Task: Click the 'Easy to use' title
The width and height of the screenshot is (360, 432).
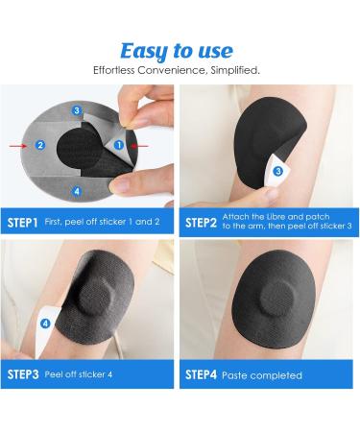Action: tap(177, 51)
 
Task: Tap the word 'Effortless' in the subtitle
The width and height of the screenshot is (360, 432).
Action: tap(113, 70)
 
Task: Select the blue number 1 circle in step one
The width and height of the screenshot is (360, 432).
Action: tap(119, 145)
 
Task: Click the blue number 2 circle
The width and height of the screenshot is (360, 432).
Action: tap(40, 145)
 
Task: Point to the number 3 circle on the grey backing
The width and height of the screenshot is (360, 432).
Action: tap(77, 110)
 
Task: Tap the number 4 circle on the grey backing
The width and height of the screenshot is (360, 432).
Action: tap(77, 191)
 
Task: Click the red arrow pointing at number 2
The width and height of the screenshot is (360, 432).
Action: tap(18, 146)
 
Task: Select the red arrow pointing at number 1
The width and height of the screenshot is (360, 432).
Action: tap(140, 146)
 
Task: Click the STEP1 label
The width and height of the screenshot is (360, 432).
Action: tap(22, 223)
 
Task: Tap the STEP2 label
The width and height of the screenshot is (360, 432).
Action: tap(201, 223)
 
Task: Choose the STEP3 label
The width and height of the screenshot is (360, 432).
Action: tap(23, 374)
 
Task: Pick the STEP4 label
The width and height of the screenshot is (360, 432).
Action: tap(201, 374)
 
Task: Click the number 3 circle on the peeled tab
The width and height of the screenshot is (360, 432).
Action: tap(278, 171)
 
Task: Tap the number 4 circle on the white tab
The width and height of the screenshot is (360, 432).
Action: tap(45, 324)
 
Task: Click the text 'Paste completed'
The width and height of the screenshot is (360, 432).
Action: tap(262, 375)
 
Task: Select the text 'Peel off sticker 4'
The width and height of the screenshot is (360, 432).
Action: tap(79, 374)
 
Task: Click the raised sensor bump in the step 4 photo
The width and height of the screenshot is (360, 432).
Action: tap(276, 299)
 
